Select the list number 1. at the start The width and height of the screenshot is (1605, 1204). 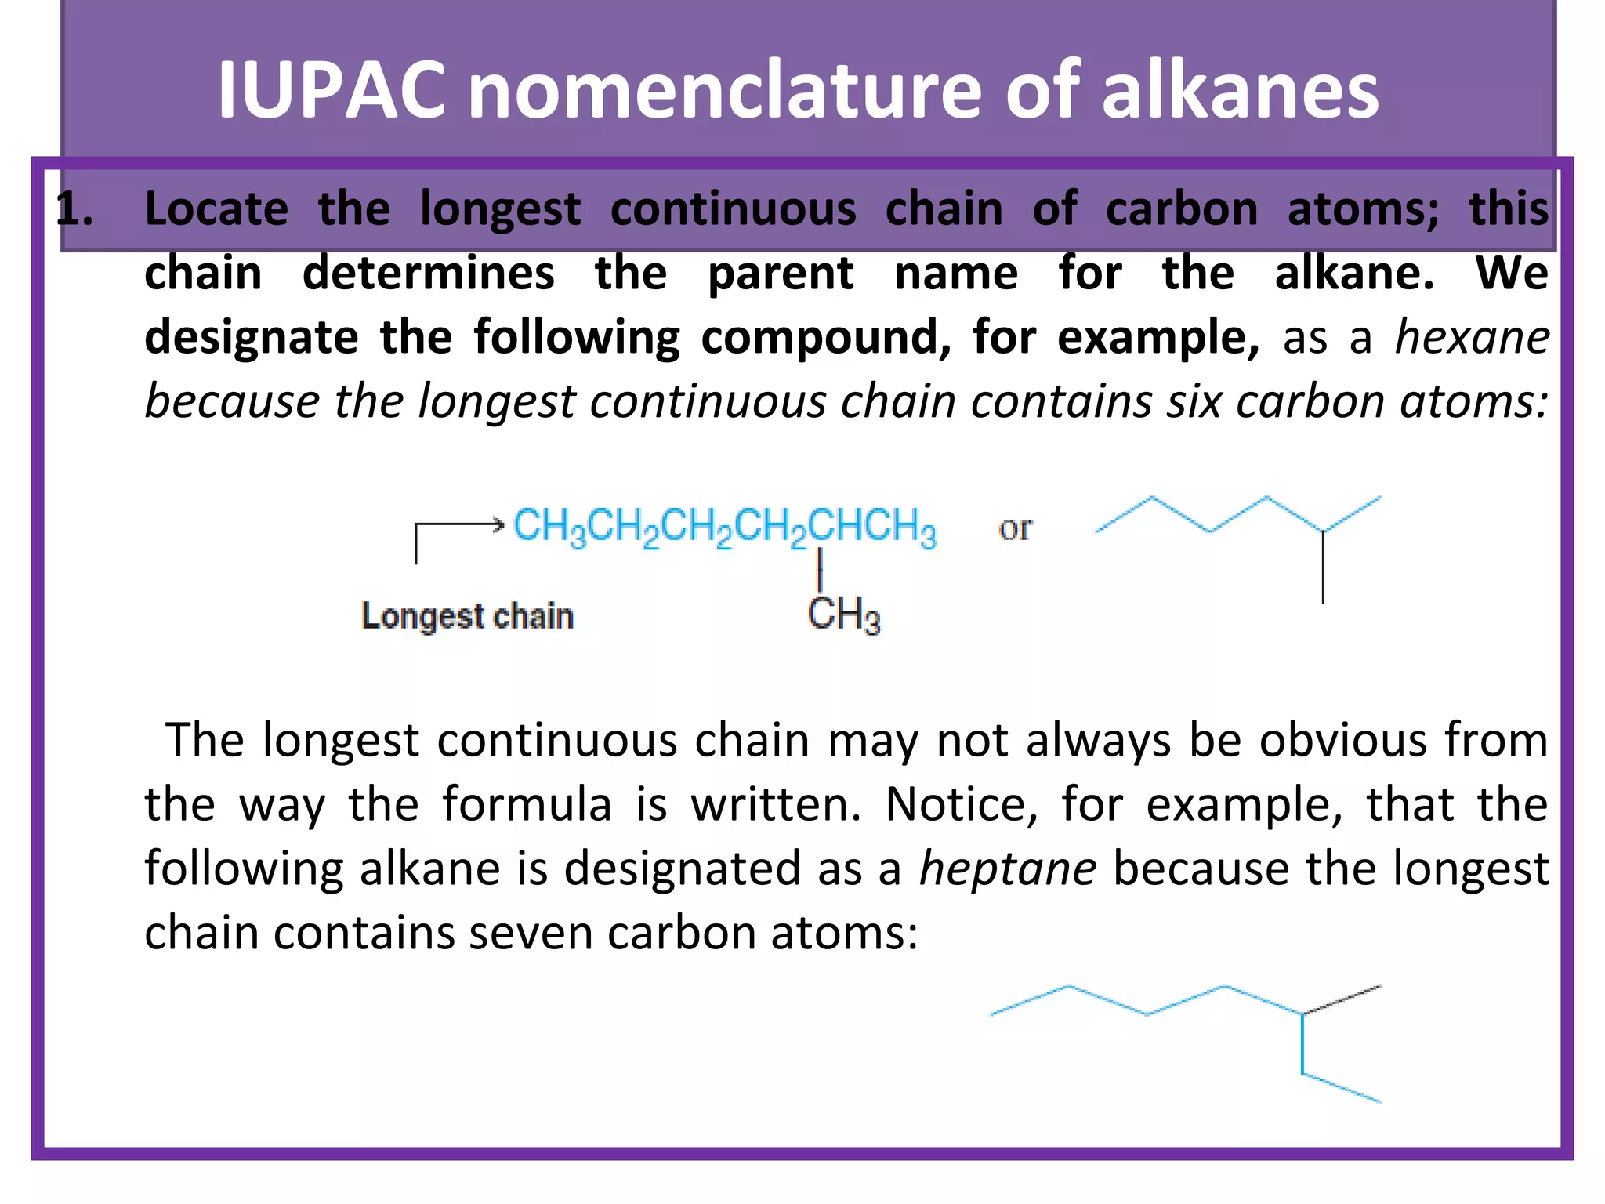[76, 210]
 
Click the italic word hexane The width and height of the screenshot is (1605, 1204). [1472, 337]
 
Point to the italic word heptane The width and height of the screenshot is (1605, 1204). [1008, 869]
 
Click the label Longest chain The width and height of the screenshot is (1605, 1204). [468, 616]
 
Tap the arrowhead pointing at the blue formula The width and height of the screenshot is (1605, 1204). [497, 524]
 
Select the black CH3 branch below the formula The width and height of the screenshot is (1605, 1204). [844, 614]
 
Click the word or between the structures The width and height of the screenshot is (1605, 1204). [1015, 528]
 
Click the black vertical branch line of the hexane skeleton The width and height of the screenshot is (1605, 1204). [1323, 568]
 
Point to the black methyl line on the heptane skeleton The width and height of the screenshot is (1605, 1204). [1342, 999]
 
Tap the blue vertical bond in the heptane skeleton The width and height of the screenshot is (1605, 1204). [1302, 1044]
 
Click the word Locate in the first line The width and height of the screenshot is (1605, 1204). [216, 209]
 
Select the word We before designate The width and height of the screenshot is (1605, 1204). [1512, 273]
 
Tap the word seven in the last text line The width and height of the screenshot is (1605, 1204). [530, 933]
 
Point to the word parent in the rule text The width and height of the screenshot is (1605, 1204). [781, 274]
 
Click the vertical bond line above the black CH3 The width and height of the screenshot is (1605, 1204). [820, 568]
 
